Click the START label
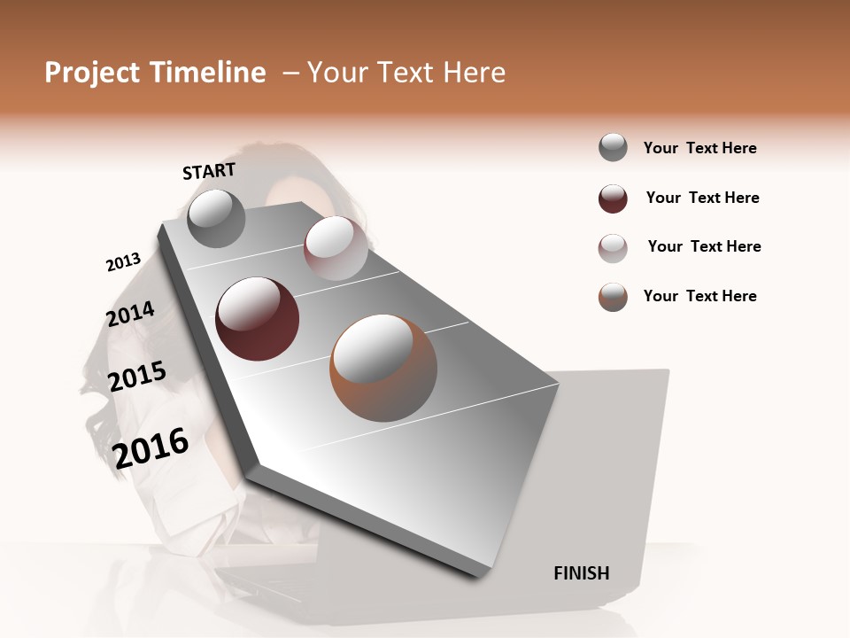pyautogui.click(x=209, y=171)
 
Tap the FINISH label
pyautogui.click(x=582, y=573)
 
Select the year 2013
pyautogui.click(x=123, y=262)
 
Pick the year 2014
pyautogui.click(x=130, y=315)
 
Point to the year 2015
pyautogui.click(x=137, y=377)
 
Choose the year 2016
pyautogui.click(x=151, y=447)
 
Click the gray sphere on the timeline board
pyautogui.click(x=216, y=219)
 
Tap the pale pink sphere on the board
pyautogui.click(x=336, y=247)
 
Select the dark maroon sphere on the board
pyautogui.click(x=257, y=318)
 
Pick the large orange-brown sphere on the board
pyautogui.click(x=383, y=367)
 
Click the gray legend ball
pyautogui.click(x=613, y=148)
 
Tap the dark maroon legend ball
pyautogui.click(x=613, y=198)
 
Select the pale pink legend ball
pyautogui.click(x=613, y=248)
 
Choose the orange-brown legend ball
pyautogui.click(x=613, y=297)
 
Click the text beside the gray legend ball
pyautogui.click(x=699, y=148)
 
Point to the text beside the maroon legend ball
pyautogui.click(x=702, y=198)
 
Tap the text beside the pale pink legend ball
pyautogui.click(x=704, y=246)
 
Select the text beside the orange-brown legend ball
pyautogui.click(x=699, y=296)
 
